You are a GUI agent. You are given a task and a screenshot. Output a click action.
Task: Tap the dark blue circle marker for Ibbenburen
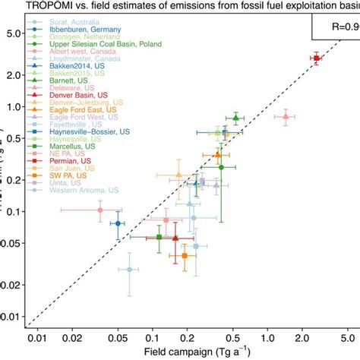[x=118, y=223]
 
